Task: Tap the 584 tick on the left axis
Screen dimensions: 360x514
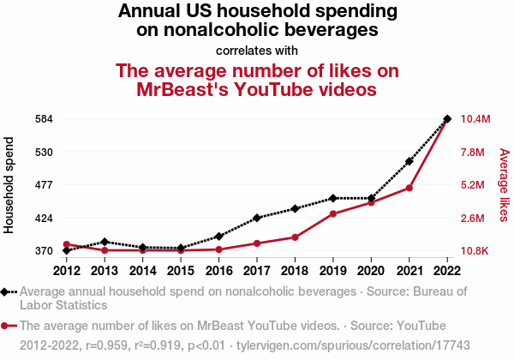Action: tap(44, 119)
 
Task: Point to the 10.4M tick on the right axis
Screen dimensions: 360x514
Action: tap(475, 119)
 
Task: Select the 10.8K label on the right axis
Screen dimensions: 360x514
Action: tap(475, 251)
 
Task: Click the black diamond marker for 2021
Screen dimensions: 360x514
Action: tap(409, 161)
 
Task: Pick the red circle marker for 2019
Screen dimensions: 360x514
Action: tap(333, 213)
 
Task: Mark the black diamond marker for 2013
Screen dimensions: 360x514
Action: tap(105, 242)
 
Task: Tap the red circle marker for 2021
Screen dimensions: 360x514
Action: tap(409, 188)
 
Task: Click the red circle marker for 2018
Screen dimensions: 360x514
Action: tap(295, 237)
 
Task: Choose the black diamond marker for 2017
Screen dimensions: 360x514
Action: tap(257, 218)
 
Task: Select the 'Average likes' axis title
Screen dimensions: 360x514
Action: tap(504, 184)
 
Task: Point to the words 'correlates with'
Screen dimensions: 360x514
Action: tap(257, 50)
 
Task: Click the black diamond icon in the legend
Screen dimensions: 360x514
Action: tap(7, 291)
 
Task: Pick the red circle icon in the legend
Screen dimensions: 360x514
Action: tap(7, 326)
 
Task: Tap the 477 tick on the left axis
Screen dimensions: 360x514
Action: tap(44, 185)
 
